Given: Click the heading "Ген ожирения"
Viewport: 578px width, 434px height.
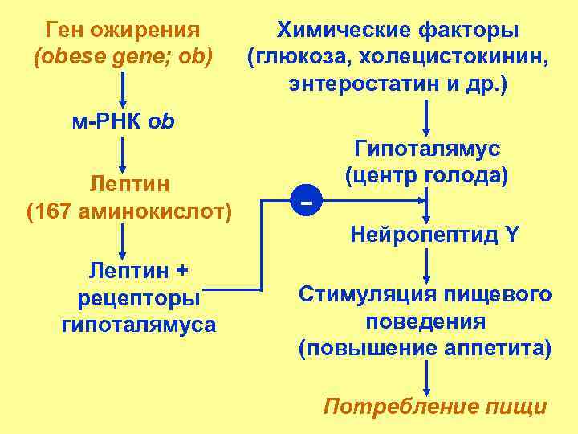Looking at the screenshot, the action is coord(123,31).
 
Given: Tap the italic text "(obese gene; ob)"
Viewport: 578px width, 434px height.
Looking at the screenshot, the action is coord(123,58).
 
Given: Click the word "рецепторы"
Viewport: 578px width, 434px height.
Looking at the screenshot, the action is coord(138,298).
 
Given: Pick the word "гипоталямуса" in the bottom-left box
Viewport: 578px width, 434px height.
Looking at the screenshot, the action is coord(138,325).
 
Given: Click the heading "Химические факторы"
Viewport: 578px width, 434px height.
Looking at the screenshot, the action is coord(397,31).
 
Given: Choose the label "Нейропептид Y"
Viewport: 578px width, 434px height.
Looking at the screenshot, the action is coord(434,235).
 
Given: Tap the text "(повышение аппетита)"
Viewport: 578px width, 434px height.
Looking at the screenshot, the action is coord(425,350).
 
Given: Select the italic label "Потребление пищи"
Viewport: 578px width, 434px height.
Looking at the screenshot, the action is coord(434,406).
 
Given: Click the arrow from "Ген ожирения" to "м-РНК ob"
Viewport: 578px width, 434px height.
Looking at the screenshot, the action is coord(122,88).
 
